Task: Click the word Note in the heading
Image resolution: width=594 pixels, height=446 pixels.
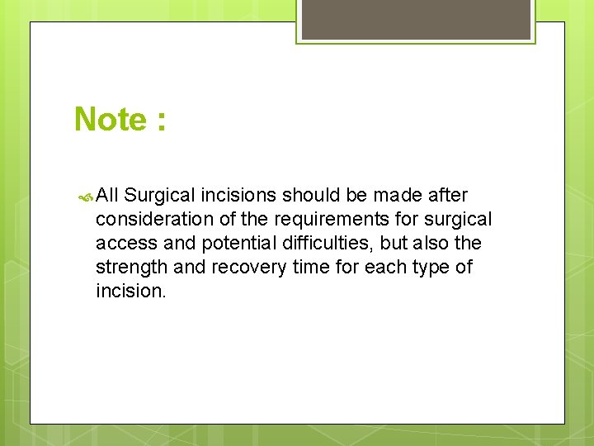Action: tap(110, 120)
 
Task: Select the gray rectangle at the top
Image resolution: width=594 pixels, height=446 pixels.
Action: tap(415, 19)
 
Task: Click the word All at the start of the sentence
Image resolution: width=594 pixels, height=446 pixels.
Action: tap(107, 196)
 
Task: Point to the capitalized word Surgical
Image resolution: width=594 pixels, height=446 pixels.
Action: tap(162, 196)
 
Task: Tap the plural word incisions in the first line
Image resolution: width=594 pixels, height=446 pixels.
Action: tap(239, 196)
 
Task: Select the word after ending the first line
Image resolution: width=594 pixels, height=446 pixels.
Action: tap(448, 196)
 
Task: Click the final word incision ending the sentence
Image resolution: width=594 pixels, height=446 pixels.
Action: tap(130, 292)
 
